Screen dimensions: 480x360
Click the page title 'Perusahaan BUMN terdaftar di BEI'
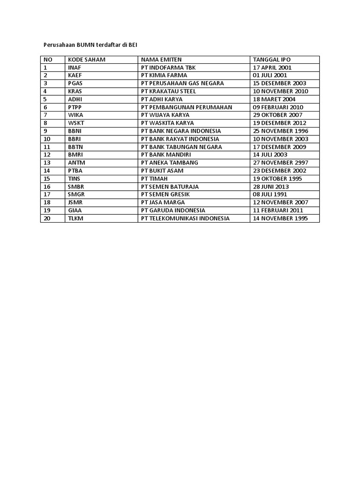(88, 45)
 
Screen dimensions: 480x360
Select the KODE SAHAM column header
(87, 60)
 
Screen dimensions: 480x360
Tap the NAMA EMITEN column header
(161, 60)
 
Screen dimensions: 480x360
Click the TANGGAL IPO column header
(272, 60)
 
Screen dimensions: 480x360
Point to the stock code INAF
(75, 67)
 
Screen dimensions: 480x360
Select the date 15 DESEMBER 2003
(280, 83)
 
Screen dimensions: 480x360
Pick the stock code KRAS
(75, 91)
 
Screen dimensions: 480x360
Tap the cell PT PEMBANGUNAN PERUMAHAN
(186, 107)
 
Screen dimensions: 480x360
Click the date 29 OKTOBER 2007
(277, 115)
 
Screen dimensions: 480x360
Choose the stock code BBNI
(75, 131)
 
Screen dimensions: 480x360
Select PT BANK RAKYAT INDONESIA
(180, 139)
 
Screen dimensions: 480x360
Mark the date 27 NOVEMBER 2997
(280, 163)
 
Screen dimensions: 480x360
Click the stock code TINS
(75, 179)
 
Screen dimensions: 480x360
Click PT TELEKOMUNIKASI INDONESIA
(185, 218)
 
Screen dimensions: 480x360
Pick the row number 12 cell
(47, 155)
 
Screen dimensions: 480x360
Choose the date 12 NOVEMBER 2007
(280, 202)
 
